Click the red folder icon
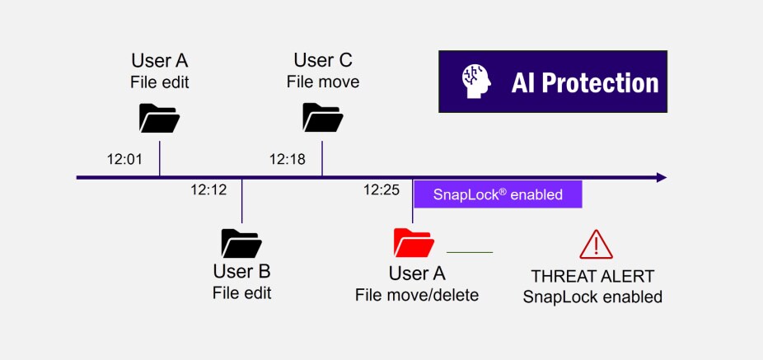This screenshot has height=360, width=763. click(413, 241)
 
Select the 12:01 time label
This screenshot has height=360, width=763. click(125, 158)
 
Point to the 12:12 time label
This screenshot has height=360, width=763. click(208, 189)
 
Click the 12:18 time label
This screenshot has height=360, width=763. click(288, 158)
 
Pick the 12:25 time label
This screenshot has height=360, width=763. click(381, 189)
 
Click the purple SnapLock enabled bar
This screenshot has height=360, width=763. click(498, 194)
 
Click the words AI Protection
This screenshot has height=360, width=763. click(585, 82)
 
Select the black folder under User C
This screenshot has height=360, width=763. click(322, 117)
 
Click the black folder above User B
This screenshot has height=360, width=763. click(241, 243)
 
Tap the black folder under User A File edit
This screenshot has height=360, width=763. click(159, 118)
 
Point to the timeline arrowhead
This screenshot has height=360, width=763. click(661, 177)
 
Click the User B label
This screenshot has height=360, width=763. click(241, 271)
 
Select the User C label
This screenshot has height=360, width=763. click(322, 60)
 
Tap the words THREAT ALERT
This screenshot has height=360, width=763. click(592, 276)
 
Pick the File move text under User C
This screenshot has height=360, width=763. click(322, 82)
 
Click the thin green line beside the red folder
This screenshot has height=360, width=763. click(469, 251)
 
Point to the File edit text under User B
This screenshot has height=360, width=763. click(241, 292)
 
